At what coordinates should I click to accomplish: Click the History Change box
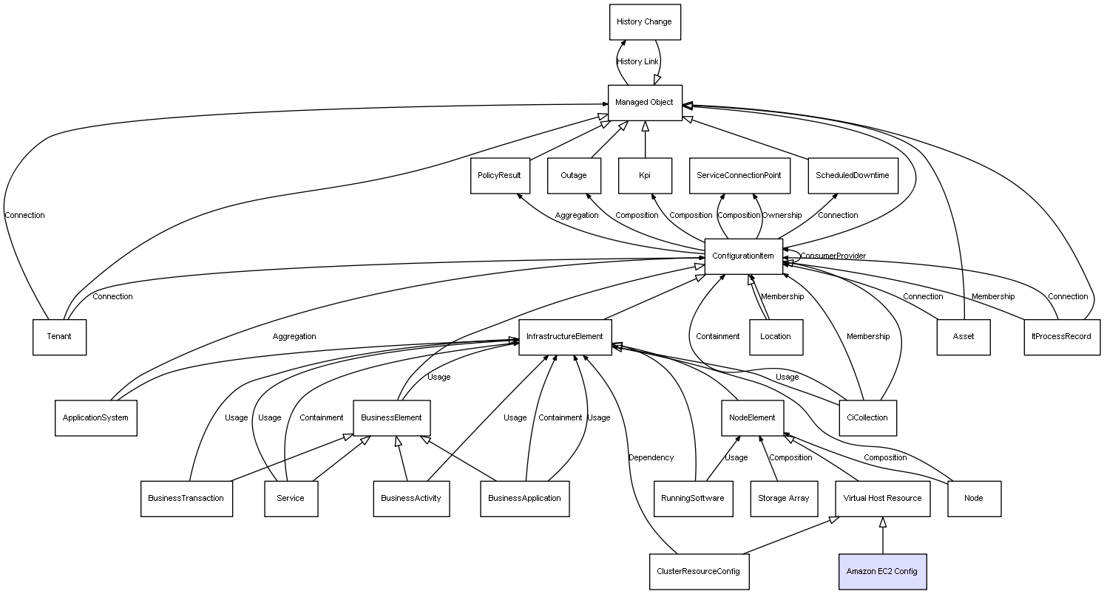644,22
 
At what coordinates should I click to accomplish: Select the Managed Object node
644,103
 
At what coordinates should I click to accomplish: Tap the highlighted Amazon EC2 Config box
882,572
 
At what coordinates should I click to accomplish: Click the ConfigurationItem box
743,256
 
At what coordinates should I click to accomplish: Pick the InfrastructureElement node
565,337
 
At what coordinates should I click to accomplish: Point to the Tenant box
59,337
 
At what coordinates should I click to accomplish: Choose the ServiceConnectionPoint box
739,176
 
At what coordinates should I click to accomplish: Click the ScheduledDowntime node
852,176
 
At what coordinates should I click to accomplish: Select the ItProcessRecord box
1061,337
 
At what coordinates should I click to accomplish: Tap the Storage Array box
783,499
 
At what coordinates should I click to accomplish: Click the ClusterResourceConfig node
698,572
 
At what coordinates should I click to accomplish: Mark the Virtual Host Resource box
882,499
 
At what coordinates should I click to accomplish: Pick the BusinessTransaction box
186,499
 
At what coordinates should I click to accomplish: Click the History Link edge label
637,62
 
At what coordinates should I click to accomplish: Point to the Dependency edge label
651,458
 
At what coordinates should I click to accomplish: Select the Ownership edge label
782,216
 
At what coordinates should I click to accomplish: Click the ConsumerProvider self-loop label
833,256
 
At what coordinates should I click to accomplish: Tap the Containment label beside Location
717,337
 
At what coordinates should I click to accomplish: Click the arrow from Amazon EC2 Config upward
882,536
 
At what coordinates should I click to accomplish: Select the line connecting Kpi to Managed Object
645,140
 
